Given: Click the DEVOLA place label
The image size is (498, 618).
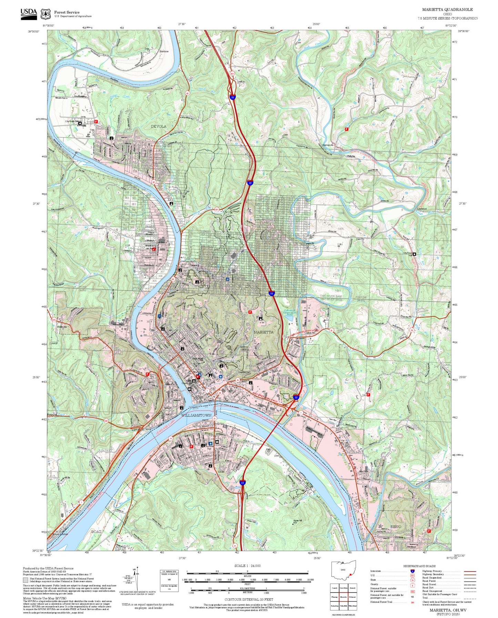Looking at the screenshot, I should coord(159,126).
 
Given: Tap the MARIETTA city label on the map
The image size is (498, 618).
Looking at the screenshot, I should coord(264,332).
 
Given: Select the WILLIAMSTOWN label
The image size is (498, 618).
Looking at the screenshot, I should coord(196,415).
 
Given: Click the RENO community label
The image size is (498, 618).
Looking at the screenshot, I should coord(396,527).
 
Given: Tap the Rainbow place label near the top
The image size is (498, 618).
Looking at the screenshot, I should coord(164,51).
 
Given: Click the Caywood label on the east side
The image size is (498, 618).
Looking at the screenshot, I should coord(422,209).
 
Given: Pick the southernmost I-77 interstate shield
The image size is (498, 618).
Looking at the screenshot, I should coord(243,483).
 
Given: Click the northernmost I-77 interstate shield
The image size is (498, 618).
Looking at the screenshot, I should coord(233,98).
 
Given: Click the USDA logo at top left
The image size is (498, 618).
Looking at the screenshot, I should coord(29,14).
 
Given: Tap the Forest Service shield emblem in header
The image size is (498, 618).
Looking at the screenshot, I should coord(45,14).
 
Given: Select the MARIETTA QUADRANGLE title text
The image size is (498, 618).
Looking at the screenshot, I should coord(447,10).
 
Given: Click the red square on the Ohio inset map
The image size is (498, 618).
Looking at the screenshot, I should coord(350,574).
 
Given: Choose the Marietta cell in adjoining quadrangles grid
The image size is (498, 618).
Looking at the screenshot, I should coord(343,597).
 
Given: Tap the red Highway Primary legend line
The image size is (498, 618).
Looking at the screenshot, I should coord(470,571).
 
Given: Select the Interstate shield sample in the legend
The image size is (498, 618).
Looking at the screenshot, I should coord(412,571).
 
